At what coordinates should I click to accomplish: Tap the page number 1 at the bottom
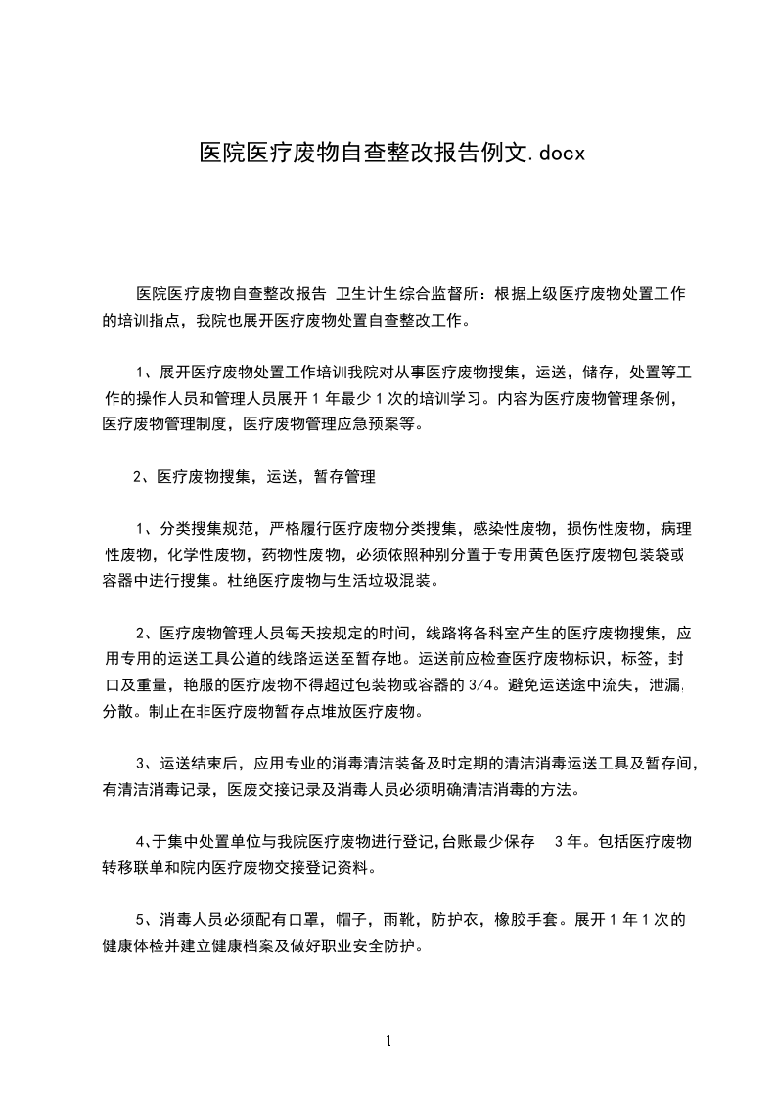(x=388, y=1041)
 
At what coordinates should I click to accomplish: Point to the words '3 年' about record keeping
(x=571, y=841)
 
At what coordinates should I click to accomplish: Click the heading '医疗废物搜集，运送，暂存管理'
(x=265, y=477)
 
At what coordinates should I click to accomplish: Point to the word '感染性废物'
(x=512, y=529)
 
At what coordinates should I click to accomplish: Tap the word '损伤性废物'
(x=607, y=529)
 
